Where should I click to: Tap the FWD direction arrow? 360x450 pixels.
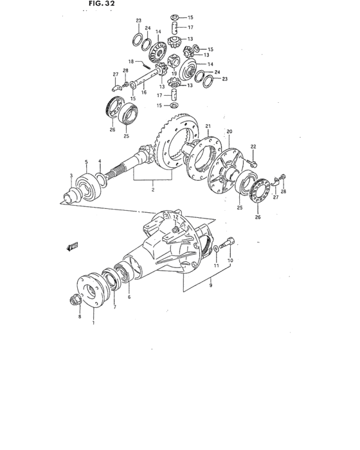click(x=72, y=246)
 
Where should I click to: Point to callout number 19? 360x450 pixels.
click(x=174, y=74)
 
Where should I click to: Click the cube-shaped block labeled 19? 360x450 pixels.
click(x=174, y=64)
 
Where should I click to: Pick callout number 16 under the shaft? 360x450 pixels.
click(x=144, y=92)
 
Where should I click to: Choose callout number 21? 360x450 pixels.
click(x=208, y=125)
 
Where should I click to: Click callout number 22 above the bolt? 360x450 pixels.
click(x=253, y=146)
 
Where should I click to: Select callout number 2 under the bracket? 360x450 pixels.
click(x=152, y=191)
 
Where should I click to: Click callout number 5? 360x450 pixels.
click(x=85, y=161)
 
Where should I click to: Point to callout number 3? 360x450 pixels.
click(x=71, y=175)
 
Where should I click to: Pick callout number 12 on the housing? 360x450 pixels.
click(x=174, y=218)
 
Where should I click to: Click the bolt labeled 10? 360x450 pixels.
click(x=229, y=244)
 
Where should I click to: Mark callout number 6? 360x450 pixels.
click(x=129, y=297)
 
